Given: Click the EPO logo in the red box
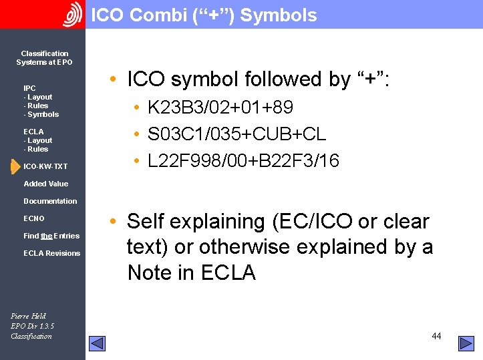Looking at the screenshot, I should [x=71, y=15].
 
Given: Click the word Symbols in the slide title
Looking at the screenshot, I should [x=278, y=15].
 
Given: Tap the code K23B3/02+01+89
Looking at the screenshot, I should [x=220, y=108].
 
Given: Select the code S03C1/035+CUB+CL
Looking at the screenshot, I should [x=236, y=134].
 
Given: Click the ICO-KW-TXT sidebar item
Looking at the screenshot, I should [x=45, y=166].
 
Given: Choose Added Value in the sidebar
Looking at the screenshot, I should [x=45, y=184].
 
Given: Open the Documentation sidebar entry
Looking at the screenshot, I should [x=50, y=201].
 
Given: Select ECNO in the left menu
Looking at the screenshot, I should [x=34, y=218].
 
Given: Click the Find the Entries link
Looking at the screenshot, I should [x=51, y=236].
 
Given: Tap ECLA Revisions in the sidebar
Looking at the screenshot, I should [x=51, y=253].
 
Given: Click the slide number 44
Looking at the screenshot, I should [x=436, y=336].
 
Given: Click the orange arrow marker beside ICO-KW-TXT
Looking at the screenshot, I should [x=15, y=166].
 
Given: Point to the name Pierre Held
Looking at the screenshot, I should [x=28, y=316].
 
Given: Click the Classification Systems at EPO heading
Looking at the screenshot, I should [x=45, y=58].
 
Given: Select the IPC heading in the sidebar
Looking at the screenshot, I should [x=29, y=88].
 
